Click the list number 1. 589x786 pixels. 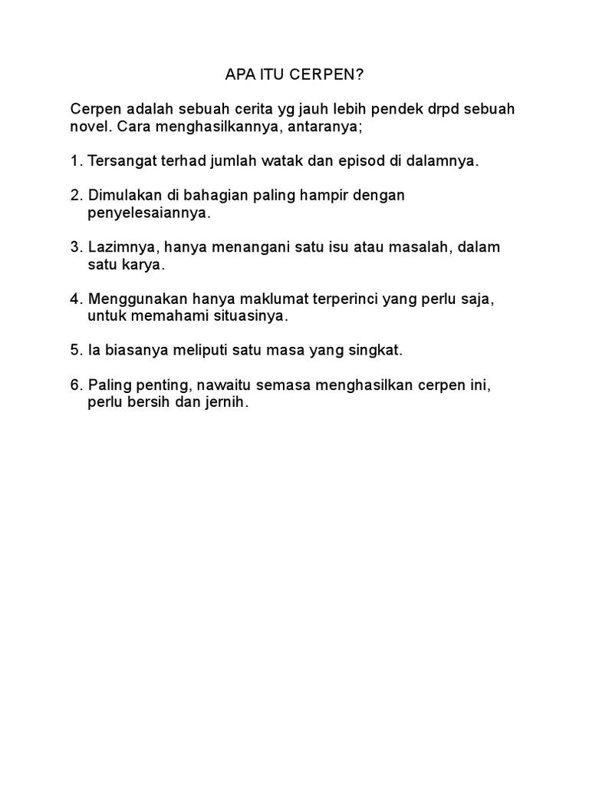pyautogui.click(x=74, y=161)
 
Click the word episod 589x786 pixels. pyautogui.click(x=363, y=161)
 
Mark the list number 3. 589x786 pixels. pyautogui.click(x=74, y=247)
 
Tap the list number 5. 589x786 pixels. pyautogui.click(x=74, y=350)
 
